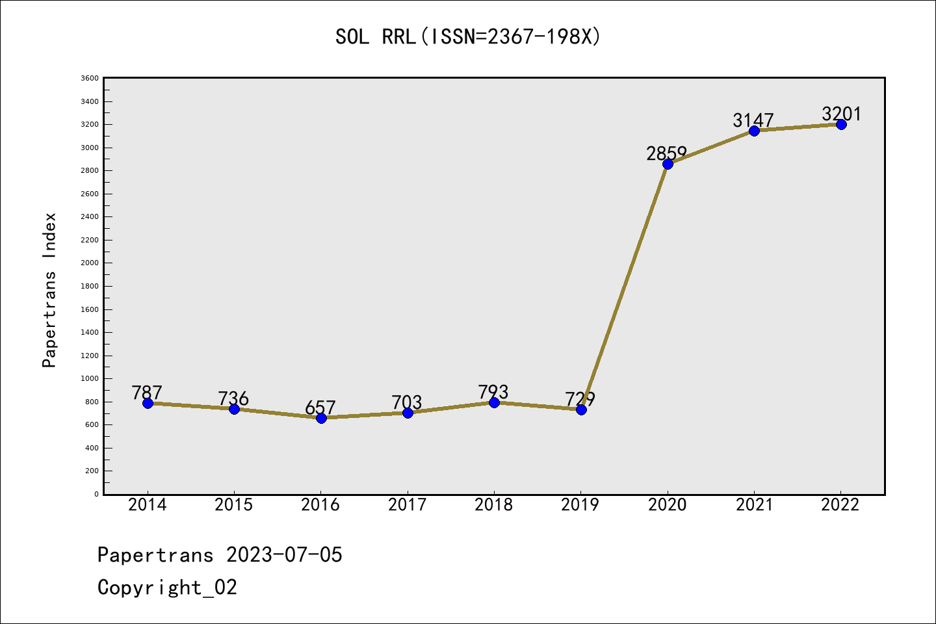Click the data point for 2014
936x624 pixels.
[x=148, y=403]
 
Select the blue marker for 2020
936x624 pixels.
[x=668, y=164]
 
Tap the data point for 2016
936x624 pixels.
[x=321, y=418]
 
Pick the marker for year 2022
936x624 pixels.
[x=841, y=124]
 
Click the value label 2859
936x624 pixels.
[x=666, y=153]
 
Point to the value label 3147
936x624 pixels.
[x=753, y=120]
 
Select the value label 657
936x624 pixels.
[x=320, y=408]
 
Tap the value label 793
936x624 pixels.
[x=493, y=392]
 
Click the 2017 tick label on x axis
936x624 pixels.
[x=407, y=505]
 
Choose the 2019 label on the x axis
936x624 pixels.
[x=580, y=505]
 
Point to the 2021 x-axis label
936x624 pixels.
[x=754, y=505]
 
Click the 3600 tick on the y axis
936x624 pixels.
[x=90, y=79]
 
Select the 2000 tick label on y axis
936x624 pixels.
[x=90, y=263]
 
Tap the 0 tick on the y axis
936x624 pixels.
[x=96, y=494]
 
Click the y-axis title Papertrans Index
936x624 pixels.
[x=49, y=290]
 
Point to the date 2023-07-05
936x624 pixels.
[x=284, y=555]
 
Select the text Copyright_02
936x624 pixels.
[x=167, y=588]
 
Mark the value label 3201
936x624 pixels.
[x=841, y=114]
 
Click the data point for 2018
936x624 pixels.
[x=494, y=402]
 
